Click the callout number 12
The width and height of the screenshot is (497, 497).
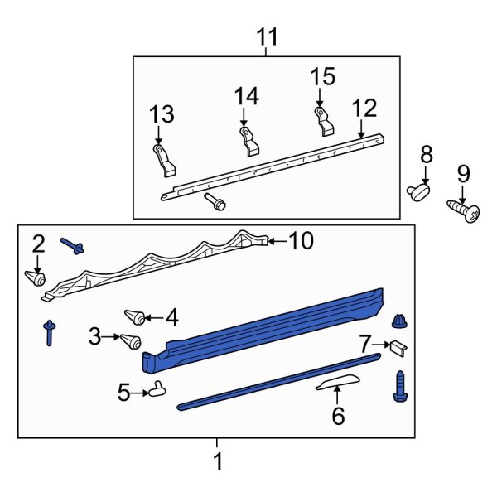coord(364,109)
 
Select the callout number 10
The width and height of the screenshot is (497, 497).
coord(302,241)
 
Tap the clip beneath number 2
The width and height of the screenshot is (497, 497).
coord(36,277)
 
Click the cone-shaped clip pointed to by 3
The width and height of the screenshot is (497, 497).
coord(129,340)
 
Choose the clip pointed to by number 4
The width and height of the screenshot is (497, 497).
coord(135,316)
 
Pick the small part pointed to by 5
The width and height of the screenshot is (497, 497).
coord(157,388)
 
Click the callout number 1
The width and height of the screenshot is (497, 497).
coord(218,461)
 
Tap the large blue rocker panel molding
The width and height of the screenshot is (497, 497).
coord(265,331)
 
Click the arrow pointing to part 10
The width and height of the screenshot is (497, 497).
coord(275,241)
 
